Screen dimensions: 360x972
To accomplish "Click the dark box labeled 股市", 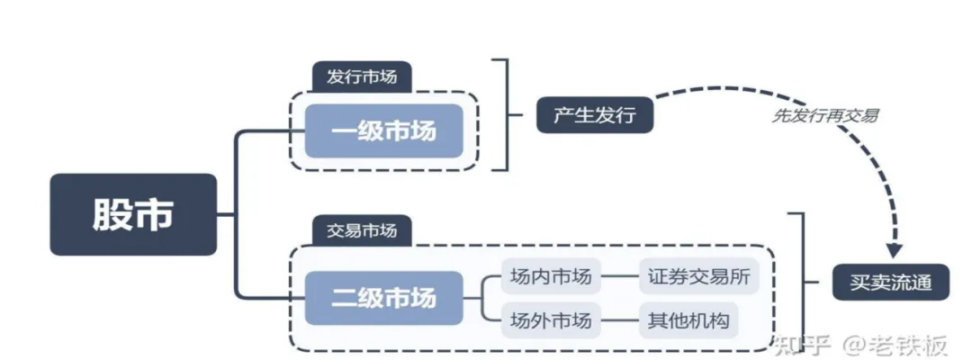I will pyautogui.click(x=133, y=214).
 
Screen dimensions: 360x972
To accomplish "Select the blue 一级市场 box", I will pyautogui.click(x=383, y=130).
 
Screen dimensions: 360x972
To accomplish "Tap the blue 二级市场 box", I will pyautogui.click(x=383, y=298).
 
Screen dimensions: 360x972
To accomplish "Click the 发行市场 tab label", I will pyautogui.click(x=361, y=77).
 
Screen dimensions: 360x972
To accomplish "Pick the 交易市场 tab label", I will pyautogui.click(x=361, y=231).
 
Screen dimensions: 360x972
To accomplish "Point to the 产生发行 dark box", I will pyautogui.click(x=594, y=115).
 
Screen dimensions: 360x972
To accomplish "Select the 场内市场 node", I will pyautogui.click(x=551, y=277).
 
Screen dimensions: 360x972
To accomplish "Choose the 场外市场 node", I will pyautogui.click(x=551, y=319).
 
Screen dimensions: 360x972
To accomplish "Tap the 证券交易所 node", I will pyautogui.click(x=698, y=277).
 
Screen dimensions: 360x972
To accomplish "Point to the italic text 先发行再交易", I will pyautogui.click(x=825, y=116).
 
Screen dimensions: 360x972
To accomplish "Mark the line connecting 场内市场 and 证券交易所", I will pyautogui.click(x=619, y=277).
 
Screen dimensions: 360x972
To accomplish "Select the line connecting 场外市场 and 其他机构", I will pyautogui.click(x=619, y=319).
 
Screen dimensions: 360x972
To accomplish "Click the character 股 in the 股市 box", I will pyautogui.click(x=112, y=214).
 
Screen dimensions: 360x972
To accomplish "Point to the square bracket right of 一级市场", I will pyautogui.click(x=504, y=115).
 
